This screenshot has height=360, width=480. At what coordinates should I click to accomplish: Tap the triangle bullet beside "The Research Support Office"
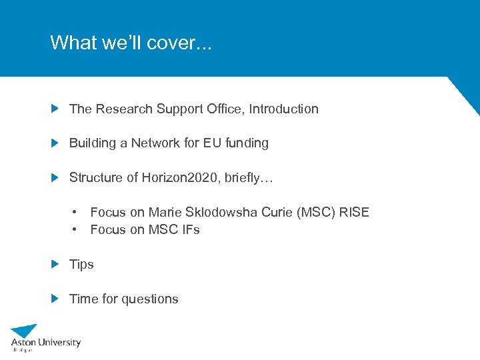tap(55, 108)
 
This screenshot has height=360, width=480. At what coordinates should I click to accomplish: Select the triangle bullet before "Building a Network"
tap(55, 143)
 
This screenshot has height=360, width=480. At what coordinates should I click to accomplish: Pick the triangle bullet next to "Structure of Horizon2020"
tap(55, 177)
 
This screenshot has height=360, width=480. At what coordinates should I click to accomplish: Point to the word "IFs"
tap(187, 229)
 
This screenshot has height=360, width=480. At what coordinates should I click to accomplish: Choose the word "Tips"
tap(81, 265)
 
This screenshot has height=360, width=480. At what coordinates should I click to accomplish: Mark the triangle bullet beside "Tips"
tap(55, 264)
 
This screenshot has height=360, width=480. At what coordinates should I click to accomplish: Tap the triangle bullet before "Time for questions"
tap(55, 299)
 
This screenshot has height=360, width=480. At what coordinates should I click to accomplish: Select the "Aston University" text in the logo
tap(45, 343)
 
